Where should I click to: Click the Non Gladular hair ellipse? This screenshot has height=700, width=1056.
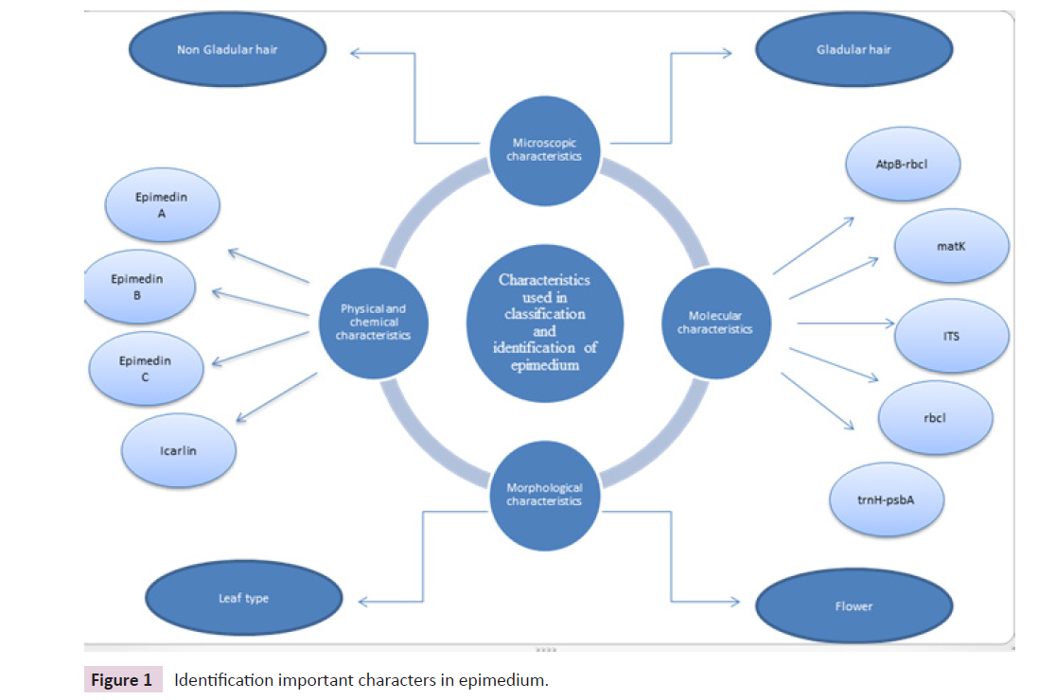(228, 49)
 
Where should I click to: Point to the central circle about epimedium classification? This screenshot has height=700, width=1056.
(543, 323)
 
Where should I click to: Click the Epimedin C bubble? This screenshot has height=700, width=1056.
(146, 368)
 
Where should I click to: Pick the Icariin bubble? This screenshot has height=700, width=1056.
(178, 449)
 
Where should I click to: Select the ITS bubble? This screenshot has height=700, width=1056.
(951, 336)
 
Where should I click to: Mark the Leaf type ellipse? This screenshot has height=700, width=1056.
(243, 599)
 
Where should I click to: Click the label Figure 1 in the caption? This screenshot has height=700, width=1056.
(120, 680)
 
